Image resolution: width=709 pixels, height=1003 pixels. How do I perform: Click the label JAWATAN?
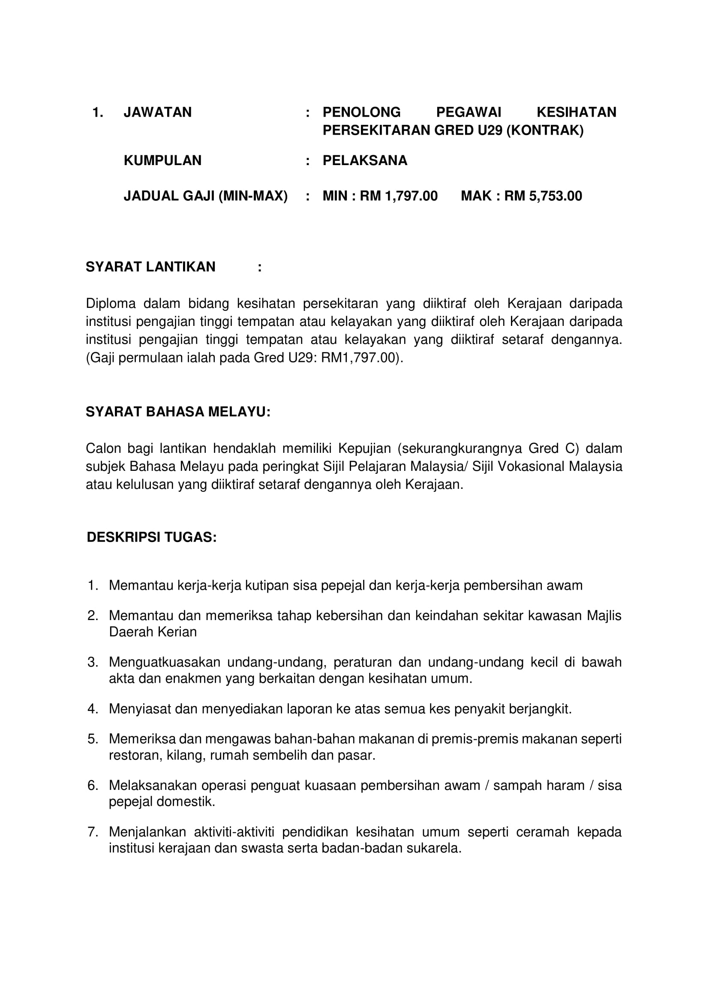(x=158, y=112)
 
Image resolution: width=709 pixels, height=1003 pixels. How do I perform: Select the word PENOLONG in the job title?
(x=361, y=112)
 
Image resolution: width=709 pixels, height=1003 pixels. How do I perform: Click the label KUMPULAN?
(x=162, y=160)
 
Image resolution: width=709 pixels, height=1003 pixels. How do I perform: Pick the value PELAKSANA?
(x=364, y=160)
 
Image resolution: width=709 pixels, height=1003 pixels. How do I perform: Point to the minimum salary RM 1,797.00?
(x=399, y=196)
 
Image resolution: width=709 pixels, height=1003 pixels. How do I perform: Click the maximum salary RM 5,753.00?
(x=543, y=196)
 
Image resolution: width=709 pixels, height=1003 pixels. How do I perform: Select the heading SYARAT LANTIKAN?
(x=150, y=266)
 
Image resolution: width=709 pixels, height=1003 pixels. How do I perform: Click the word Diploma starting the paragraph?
(x=111, y=303)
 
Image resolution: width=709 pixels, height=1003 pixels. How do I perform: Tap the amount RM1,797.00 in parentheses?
(x=358, y=358)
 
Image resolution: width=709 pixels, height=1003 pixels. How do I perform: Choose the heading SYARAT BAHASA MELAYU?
(x=178, y=412)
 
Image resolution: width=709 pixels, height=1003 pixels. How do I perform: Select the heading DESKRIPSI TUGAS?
(x=151, y=537)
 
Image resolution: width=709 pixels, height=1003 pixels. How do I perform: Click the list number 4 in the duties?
(x=92, y=708)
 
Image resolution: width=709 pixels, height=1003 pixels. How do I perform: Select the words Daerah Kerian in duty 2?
(x=153, y=632)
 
